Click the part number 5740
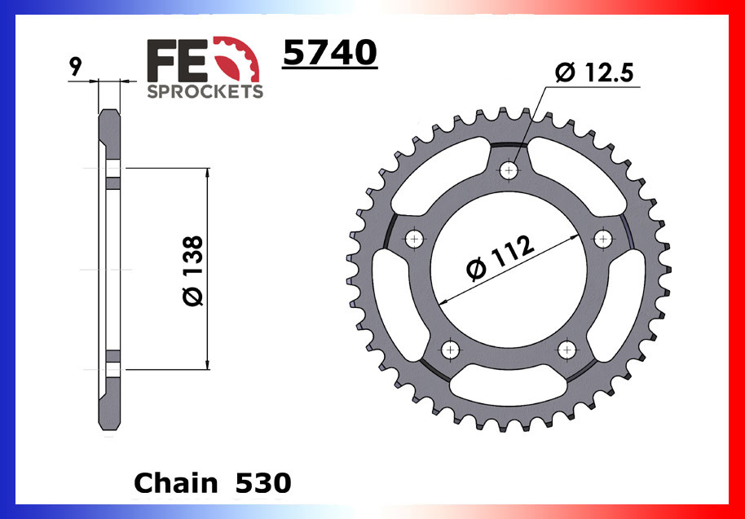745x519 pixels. coord(329,54)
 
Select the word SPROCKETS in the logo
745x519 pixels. coord(205,91)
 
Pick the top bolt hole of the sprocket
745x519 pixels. coord(510,170)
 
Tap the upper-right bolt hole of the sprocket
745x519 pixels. coord(603,239)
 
